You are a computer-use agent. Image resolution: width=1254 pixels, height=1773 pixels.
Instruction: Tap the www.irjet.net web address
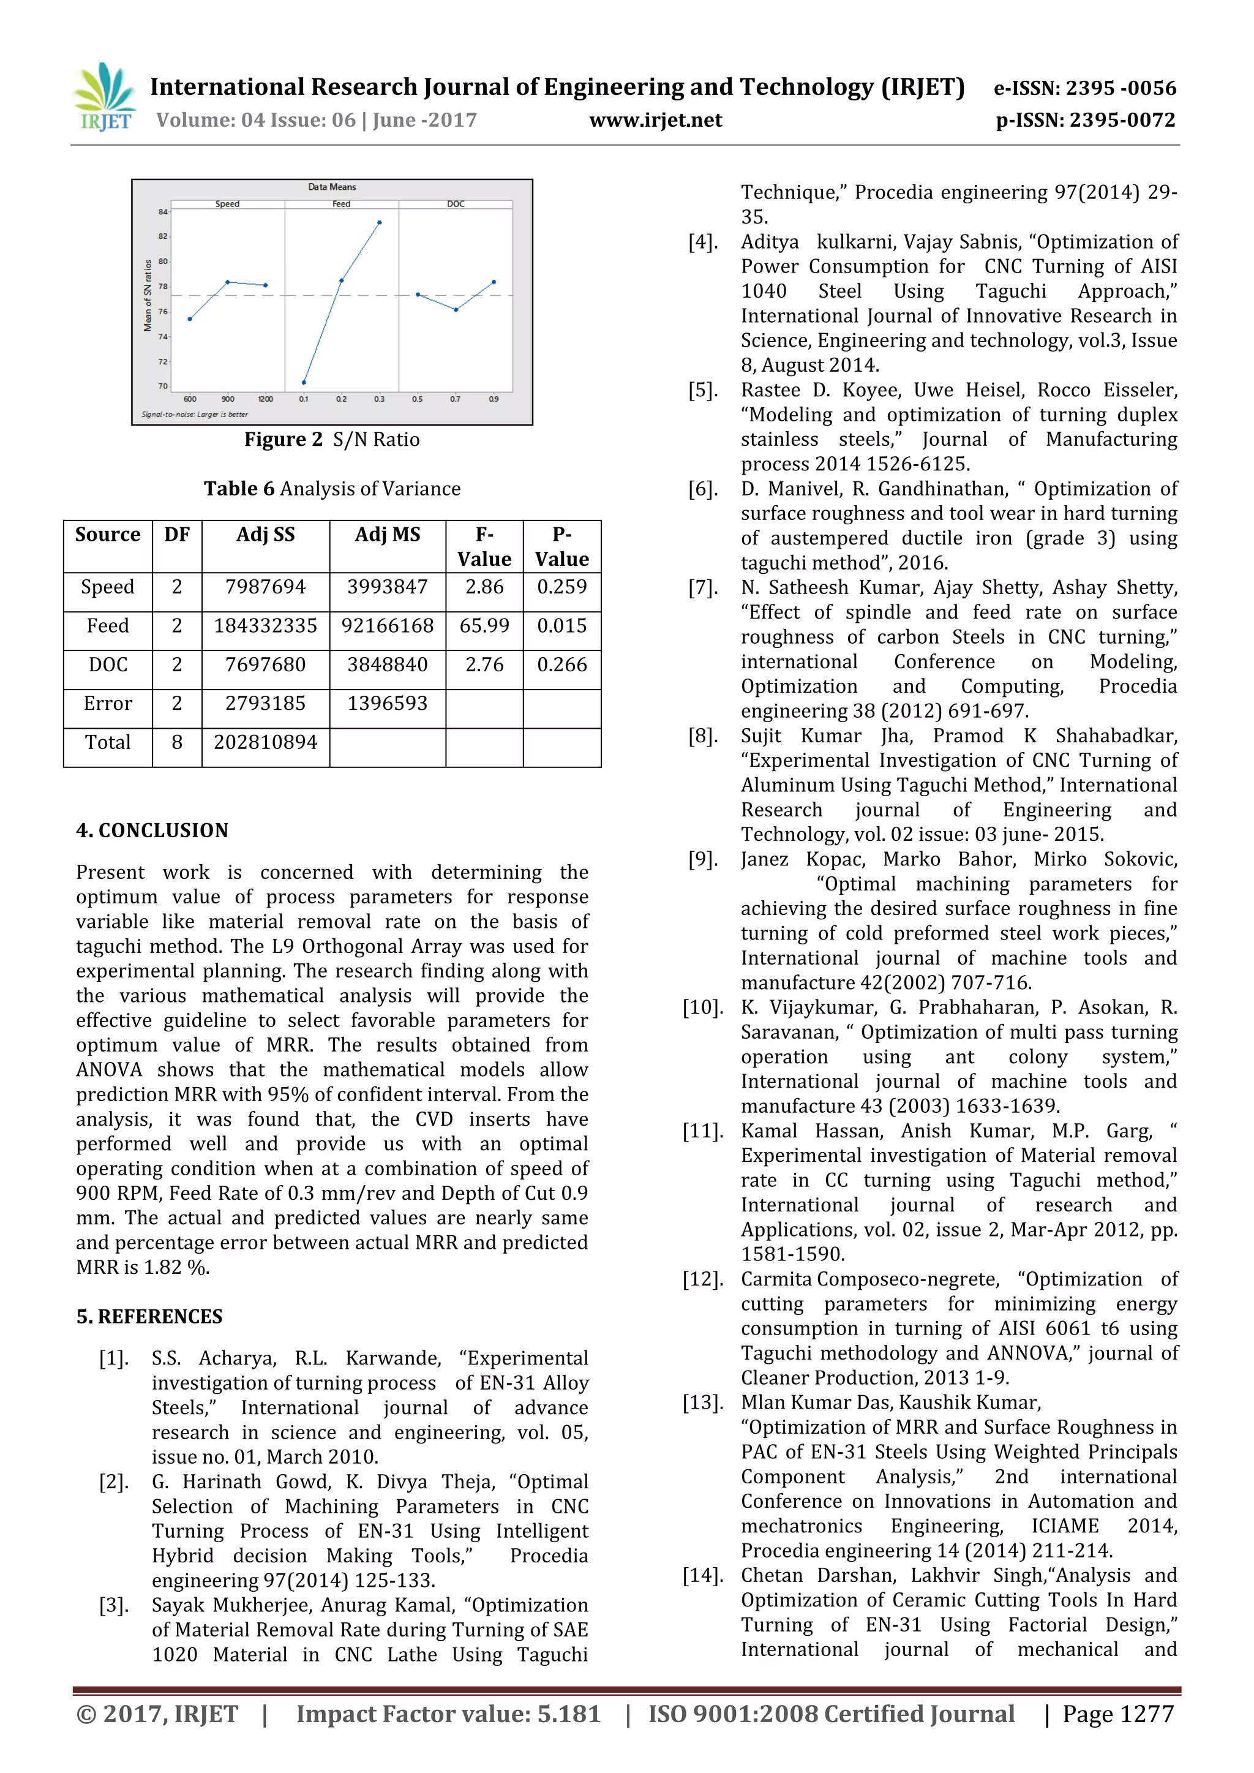tap(656, 121)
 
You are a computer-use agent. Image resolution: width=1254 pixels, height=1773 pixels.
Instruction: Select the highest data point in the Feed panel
tap(379, 222)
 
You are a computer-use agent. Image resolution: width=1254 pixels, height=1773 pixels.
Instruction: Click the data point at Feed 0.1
tap(304, 382)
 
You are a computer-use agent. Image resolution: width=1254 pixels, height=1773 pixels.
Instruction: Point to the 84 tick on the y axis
tap(163, 211)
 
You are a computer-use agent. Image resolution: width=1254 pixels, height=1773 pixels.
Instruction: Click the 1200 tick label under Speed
tap(265, 399)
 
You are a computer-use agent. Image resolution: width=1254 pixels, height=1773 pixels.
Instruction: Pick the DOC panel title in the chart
tap(456, 204)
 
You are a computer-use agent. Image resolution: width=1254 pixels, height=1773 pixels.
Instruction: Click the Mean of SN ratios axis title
tap(148, 296)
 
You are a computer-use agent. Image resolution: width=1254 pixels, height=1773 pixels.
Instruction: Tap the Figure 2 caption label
tap(283, 439)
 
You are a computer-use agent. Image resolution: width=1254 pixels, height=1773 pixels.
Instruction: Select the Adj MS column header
tap(387, 535)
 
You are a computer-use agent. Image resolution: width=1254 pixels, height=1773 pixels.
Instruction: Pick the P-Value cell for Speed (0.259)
tap(561, 587)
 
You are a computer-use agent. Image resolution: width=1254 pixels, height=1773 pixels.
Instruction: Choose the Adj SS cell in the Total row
tap(265, 742)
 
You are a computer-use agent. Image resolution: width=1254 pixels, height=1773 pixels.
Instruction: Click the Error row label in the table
tap(108, 704)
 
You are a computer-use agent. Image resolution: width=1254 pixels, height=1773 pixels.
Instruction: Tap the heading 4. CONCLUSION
tap(152, 830)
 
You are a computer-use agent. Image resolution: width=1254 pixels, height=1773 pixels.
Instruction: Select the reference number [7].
tap(703, 588)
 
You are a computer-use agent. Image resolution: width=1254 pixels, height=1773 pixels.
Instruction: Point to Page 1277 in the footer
tap(1117, 1714)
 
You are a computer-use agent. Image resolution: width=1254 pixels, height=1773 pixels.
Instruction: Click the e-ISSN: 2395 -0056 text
tap(1085, 88)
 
